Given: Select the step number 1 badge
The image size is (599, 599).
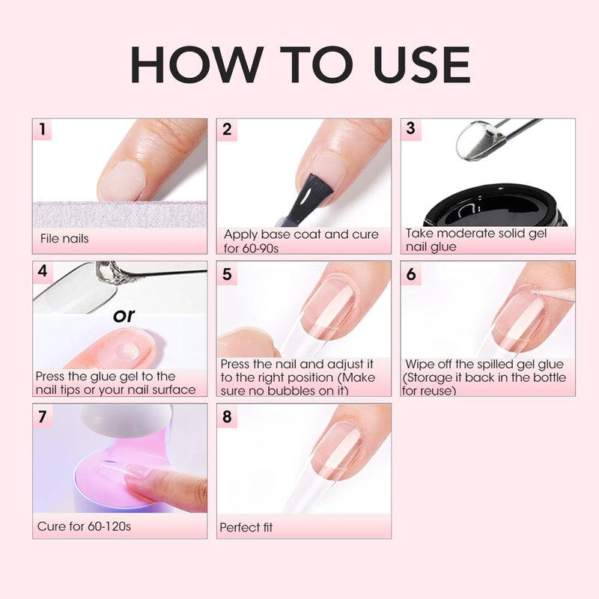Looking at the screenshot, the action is pos(43,129).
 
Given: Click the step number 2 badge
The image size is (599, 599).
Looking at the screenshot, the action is pos(227,130).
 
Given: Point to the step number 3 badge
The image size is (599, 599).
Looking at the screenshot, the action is pos(410,129).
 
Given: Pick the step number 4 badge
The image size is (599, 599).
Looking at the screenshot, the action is pos(43,272).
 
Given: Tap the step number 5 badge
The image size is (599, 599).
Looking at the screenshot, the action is pos(227,274).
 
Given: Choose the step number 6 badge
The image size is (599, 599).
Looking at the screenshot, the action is pos(411,274).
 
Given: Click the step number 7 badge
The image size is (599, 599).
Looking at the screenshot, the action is pos(43,416).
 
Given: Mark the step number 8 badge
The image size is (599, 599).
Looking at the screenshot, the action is pos(227,416).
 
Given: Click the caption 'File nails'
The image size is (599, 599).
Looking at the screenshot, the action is pos(64,239).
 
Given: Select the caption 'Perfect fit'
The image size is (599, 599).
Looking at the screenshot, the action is pos(246,528).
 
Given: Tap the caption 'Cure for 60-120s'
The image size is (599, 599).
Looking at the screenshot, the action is pos(84,526).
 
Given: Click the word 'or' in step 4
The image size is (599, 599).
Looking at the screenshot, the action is pos(124,315).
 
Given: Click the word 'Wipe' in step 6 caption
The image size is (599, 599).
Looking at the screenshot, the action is pos(420,364).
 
